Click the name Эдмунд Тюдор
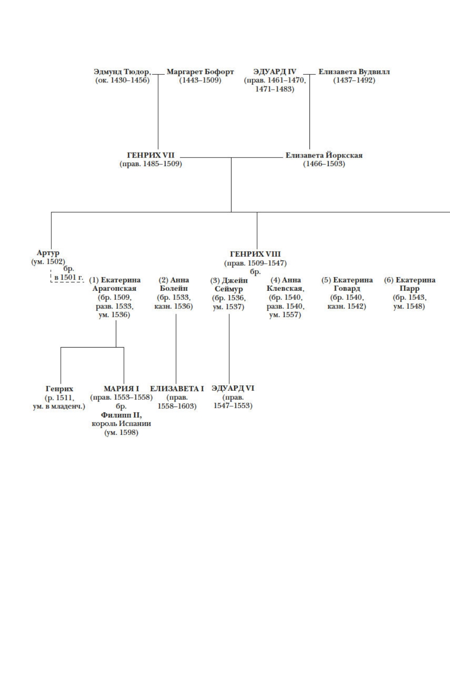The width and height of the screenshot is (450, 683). click(x=122, y=72)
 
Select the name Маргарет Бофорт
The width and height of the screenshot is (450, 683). click(x=200, y=72)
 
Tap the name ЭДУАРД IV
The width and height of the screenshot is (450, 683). click(x=275, y=72)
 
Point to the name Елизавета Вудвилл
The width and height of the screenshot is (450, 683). click(x=354, y=72)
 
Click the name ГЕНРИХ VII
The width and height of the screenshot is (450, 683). click(x=150, y=155)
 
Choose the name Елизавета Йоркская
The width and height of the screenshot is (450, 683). click(x=324, y=155)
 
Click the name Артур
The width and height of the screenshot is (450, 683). click(x=48, y=253)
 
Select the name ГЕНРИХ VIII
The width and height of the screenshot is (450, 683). click(x=255, y=254)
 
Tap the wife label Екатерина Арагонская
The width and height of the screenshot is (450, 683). click(x=114, y=284)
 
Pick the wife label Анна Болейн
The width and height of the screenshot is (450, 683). click(x=174, y=284)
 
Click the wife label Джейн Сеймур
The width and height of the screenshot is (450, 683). click(x=228, y=285)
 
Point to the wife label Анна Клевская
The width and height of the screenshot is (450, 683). click(x=285, y=284)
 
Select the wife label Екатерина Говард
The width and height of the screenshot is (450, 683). click(x=347, y=284)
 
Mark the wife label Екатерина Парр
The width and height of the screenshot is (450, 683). click(x=409, y=284)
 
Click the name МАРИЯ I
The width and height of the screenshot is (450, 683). click(x=121, y=389)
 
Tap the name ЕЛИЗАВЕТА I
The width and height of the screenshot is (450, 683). click(x=177, y=389)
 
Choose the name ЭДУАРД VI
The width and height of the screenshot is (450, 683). click(x=233, y=388)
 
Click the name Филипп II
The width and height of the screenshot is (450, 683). click(x=121, y=415)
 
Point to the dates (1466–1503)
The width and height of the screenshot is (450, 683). click(x=324, y=164)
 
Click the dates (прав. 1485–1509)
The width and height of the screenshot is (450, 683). click(x=150, y=164)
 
